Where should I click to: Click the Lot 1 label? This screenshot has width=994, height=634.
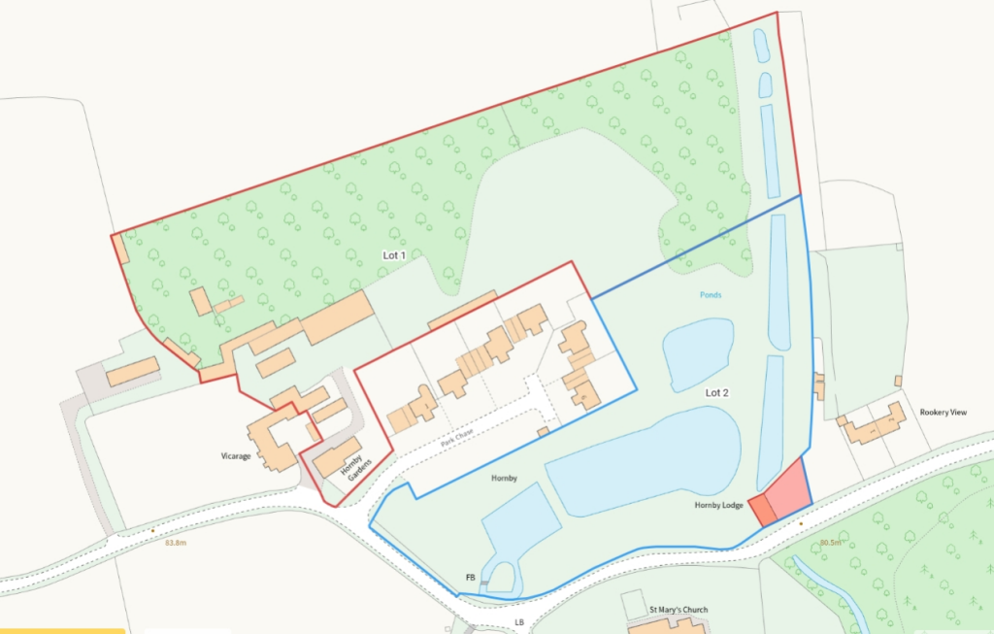(x=393, y=254)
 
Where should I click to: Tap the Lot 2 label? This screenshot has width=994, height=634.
(x=716, y=392)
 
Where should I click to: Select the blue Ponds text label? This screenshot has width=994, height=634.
(x=710, y=294)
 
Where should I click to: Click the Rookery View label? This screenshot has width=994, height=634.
(x=944, y=413)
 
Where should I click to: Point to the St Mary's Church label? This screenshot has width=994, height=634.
(x=679, y=610)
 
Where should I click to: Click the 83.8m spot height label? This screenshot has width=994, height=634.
(x=175, y=543)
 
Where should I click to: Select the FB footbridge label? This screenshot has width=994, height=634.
(x=471, y=578)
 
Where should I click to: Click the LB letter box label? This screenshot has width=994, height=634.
(x=519, y=621)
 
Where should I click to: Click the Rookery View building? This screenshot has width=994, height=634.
(x=874, y=425)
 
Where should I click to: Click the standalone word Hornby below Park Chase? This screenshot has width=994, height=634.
(x=504, y=478)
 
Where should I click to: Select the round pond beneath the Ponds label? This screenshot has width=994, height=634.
(x=697, y=353)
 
